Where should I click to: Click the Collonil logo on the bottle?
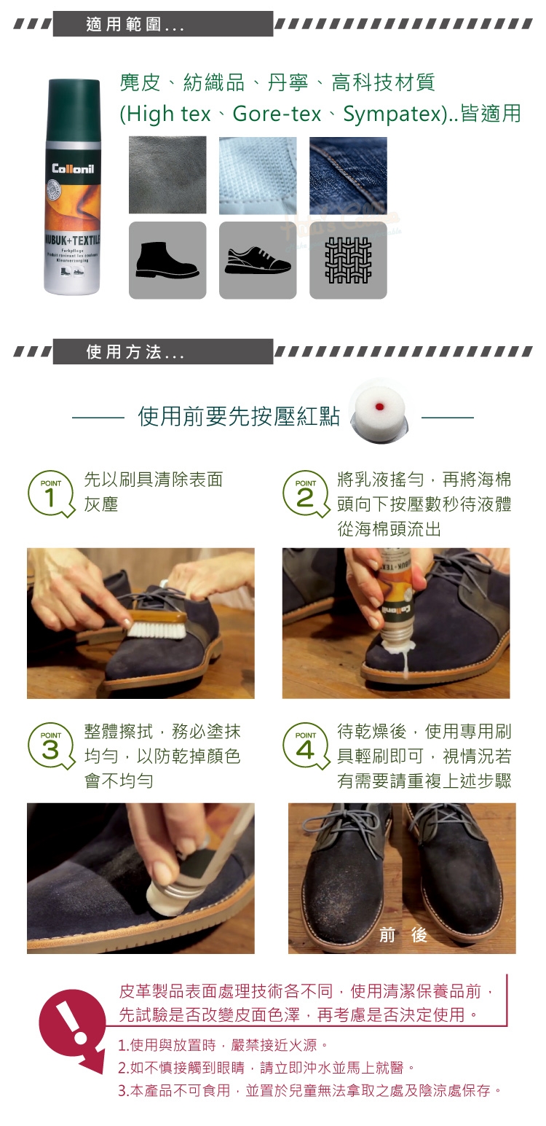click(x=73, y=168)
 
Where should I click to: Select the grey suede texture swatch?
click(x=167, y=175)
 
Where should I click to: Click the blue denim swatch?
click(x=348, y=175)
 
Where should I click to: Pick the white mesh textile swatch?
click(x=258, y=175)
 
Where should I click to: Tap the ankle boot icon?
click(x=167, y=260)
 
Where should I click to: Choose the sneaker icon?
click(x=258, y=260)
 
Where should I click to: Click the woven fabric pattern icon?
click(x=348, y=260)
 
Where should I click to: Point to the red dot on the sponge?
click(x=379, y=406)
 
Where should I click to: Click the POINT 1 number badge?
click(x=50, y=494)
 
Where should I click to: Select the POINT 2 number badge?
click(x=305, y=494)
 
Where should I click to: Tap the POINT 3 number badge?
click(x=50, y=746)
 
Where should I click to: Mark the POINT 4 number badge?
click(x=305, y=746)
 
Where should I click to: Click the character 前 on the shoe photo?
click(x=387, y=934)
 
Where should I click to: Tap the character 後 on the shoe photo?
click(x=419, y=934)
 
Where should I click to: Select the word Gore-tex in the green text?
click(x=277, y=114)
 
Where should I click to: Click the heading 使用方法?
click(x=124, y=352)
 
